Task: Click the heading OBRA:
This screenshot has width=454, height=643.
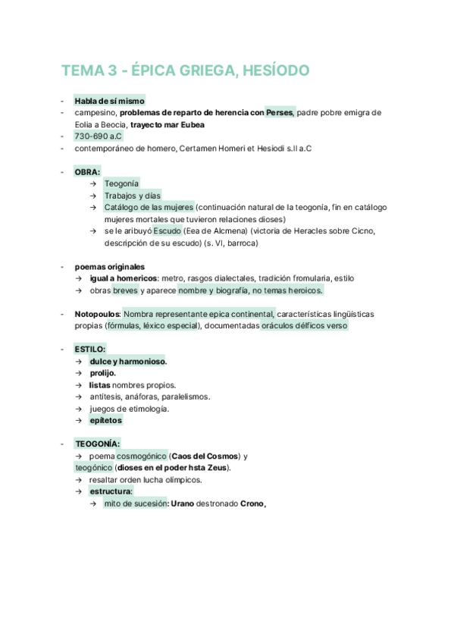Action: [x=87, y=172]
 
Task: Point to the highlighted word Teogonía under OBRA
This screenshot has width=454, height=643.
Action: [x=121, y=183]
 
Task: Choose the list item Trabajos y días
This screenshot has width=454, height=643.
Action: [x=133, y=196]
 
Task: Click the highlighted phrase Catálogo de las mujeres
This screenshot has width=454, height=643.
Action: [x=149, y=207]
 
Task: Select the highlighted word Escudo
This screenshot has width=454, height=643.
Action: [x=166, y=231]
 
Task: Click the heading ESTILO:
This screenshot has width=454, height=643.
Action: [x=90, y=349]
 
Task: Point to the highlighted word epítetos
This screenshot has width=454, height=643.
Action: [x=105, y=420]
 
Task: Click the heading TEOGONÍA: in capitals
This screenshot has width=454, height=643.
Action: [x=97, y=444]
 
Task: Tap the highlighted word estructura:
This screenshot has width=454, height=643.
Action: [x=111, y=491]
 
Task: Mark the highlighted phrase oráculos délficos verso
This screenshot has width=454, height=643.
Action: [x=304, y=325]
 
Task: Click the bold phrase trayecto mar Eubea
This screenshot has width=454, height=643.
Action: [x=166, y=124]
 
